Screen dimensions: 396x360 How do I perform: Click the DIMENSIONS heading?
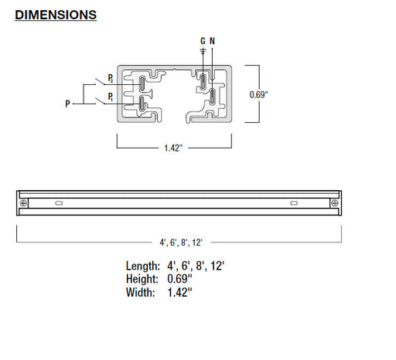(x=56, y=15)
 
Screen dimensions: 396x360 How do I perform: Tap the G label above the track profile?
(x=203, y=41)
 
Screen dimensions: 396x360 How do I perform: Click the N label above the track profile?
(x=212, y=41)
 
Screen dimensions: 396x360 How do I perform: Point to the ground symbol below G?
(x=203, y=51)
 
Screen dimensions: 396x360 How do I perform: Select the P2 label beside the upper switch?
(x=111, y=78)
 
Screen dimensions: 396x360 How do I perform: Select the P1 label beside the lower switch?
(x=111, y=97)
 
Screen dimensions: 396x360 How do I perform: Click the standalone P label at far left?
(x=67, y=104)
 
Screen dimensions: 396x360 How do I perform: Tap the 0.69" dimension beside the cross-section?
(x=258, y=95)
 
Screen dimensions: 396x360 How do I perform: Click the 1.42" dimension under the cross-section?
(x=173, y=148)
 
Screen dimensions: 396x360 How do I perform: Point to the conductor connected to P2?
(x=142, y=83)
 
